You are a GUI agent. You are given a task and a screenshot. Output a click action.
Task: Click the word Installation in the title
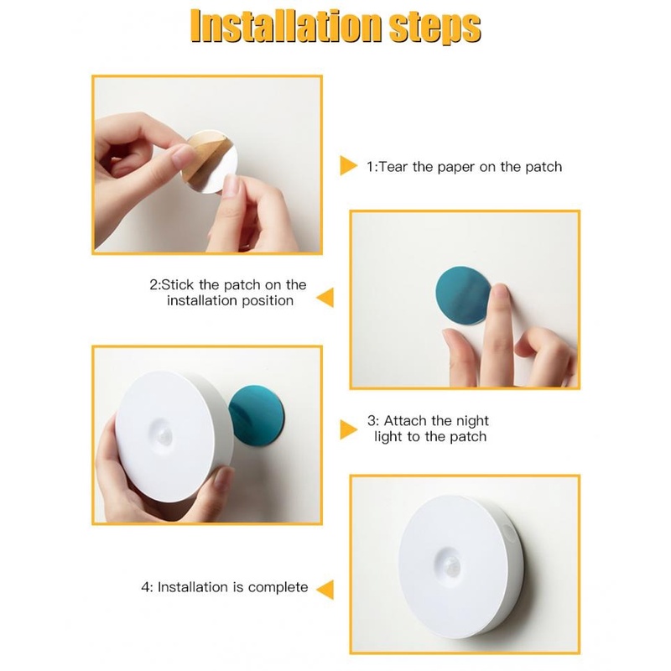(x=286, y=27)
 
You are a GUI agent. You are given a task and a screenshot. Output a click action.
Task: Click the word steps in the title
(x=434, y=29)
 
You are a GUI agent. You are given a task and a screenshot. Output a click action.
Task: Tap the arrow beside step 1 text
(x=348, y=165)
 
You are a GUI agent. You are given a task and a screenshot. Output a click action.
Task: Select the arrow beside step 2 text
(x=325, y=298)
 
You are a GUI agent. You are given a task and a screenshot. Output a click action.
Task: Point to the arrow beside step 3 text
(x=348, y=429)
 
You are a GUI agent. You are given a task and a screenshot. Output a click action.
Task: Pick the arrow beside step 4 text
(x=325, y=590)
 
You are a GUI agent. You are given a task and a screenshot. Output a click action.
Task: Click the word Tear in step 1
(x=393, y=166)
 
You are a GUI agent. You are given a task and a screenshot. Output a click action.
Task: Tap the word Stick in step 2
(x=178, y=284)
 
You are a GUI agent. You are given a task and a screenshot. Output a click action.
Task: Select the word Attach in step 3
(x=405, y=421)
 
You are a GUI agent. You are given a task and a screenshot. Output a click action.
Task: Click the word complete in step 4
(x=278, y=588)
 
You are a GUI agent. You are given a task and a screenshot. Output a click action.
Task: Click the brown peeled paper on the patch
(x=203, y=156)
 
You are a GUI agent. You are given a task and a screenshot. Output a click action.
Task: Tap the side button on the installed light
(x=509, y=533)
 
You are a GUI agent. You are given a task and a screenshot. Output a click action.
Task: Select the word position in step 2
(x=268, y=301)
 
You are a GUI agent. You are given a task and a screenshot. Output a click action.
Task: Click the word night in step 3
(x=471, y=422)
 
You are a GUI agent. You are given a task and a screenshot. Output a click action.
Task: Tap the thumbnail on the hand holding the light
(x=223, y=476)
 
